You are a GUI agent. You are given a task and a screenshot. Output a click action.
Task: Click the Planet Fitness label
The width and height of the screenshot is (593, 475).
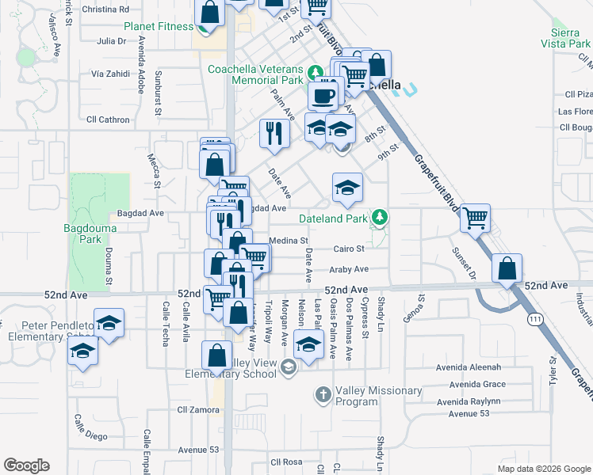(159, 26)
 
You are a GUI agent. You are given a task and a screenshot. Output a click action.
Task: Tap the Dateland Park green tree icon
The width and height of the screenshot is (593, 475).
(381, 217)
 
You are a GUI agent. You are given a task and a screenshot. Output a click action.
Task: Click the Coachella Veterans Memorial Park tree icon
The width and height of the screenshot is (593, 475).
(315, 70)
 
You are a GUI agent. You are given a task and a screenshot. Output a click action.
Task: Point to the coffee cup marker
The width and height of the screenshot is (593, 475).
(323, 96)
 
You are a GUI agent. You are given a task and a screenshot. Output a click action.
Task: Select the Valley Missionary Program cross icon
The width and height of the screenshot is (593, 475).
(323, 393)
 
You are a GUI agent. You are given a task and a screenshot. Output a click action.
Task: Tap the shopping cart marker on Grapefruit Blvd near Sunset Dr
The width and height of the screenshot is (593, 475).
(475, 218)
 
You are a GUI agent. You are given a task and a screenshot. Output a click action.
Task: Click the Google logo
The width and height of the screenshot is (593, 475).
(26, 465)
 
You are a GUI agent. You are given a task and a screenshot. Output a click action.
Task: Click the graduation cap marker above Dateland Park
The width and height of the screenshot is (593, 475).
(347, 187)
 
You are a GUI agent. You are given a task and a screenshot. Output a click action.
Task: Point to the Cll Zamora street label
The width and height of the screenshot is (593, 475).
(197, 410)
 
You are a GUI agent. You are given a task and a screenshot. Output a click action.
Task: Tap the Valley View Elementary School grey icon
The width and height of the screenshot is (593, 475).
(289, 365)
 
